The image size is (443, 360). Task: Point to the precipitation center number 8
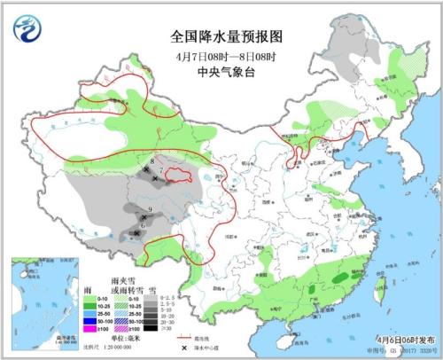click(x=152, y=161)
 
